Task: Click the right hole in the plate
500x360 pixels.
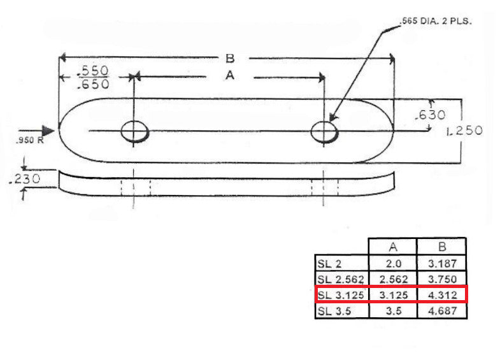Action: [324, 132]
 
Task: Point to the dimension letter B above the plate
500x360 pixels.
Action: [230, 59]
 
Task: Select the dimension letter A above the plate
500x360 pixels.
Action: [230, 76]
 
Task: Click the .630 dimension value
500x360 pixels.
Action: [429, 115]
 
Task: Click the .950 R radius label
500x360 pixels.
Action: [29, 140]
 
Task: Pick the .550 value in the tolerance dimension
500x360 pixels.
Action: [93, 70]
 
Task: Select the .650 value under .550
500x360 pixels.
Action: [93, 83]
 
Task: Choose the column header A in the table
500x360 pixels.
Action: [392, 247]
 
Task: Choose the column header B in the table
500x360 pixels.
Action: [441, 247]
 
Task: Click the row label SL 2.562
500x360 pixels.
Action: [341, 279]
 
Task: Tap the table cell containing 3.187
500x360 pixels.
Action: [441, 263]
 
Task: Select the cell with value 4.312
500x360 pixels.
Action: [441, 295]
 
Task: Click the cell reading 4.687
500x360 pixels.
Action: [441, 312]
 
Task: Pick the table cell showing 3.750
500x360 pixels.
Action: [441, 279]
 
